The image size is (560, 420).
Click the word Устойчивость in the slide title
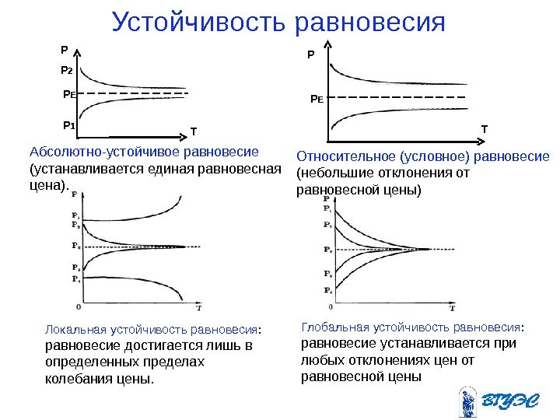tap(200, 23)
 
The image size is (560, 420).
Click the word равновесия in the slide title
tap(372, 23)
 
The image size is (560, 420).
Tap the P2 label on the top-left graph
tap(66, 71)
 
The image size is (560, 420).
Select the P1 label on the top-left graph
tap(68, 124)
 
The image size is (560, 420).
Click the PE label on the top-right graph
tap(317, 100)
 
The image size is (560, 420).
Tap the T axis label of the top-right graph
tap(484, 127)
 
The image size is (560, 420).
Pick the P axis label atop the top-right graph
tap(311, 56)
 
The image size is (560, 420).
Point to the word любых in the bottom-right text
tap(320, 360)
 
